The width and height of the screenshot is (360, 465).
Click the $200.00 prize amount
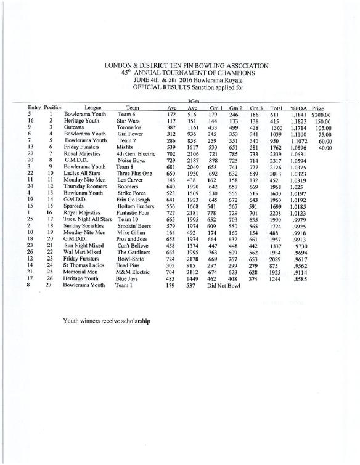321,115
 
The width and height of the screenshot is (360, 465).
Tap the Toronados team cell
129,128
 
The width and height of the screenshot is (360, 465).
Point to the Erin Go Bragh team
133,200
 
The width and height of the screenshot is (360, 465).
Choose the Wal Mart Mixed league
83,253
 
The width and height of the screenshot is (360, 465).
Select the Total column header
276,108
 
